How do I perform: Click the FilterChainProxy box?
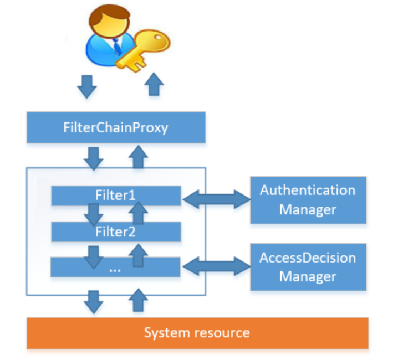(x=116, y=128)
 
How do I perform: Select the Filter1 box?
(x=116, y=196)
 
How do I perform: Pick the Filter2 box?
(x=116, y=232)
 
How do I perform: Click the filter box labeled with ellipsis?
(x=116, y=268)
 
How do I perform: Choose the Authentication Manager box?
(x=308, y=200)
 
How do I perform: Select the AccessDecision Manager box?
(x=308, y=267)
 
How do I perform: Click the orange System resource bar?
(x=197, y=333)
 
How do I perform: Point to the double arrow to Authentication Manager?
(x=216, y=198)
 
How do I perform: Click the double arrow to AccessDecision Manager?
(x=216, y=266)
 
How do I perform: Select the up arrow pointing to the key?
(x=154, y=85)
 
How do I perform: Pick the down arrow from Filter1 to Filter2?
(x=94, y=214)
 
